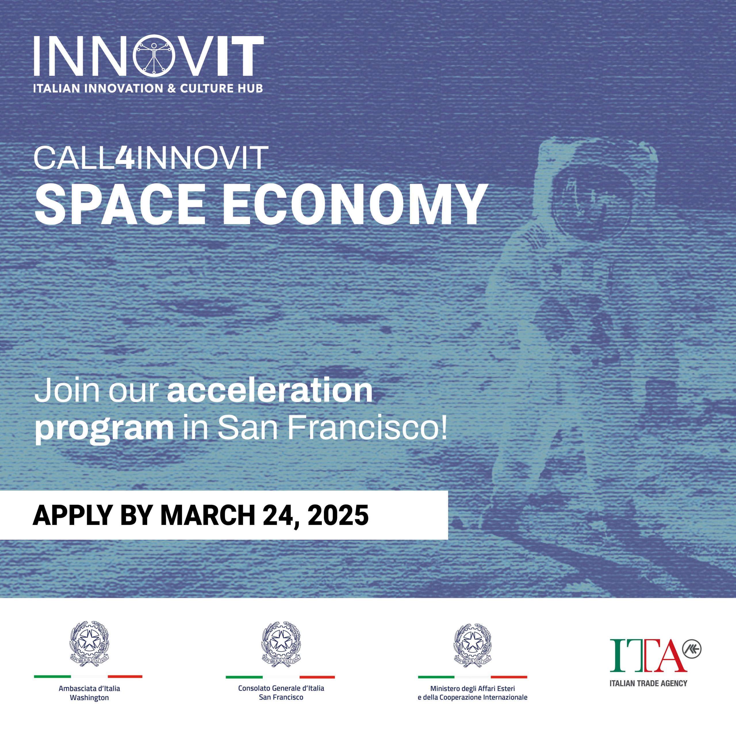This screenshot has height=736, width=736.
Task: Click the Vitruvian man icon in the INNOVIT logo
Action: [x=154, y=55]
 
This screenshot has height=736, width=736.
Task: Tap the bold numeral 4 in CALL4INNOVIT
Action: [x=124, y=157]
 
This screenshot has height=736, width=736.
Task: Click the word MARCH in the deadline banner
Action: [x=208, y=515]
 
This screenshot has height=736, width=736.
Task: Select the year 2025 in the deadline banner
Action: [x=338, y=515]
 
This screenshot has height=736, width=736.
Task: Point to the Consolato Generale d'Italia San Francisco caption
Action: [x=281, y=693]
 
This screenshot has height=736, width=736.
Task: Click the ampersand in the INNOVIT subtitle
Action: [x=172, y=88]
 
